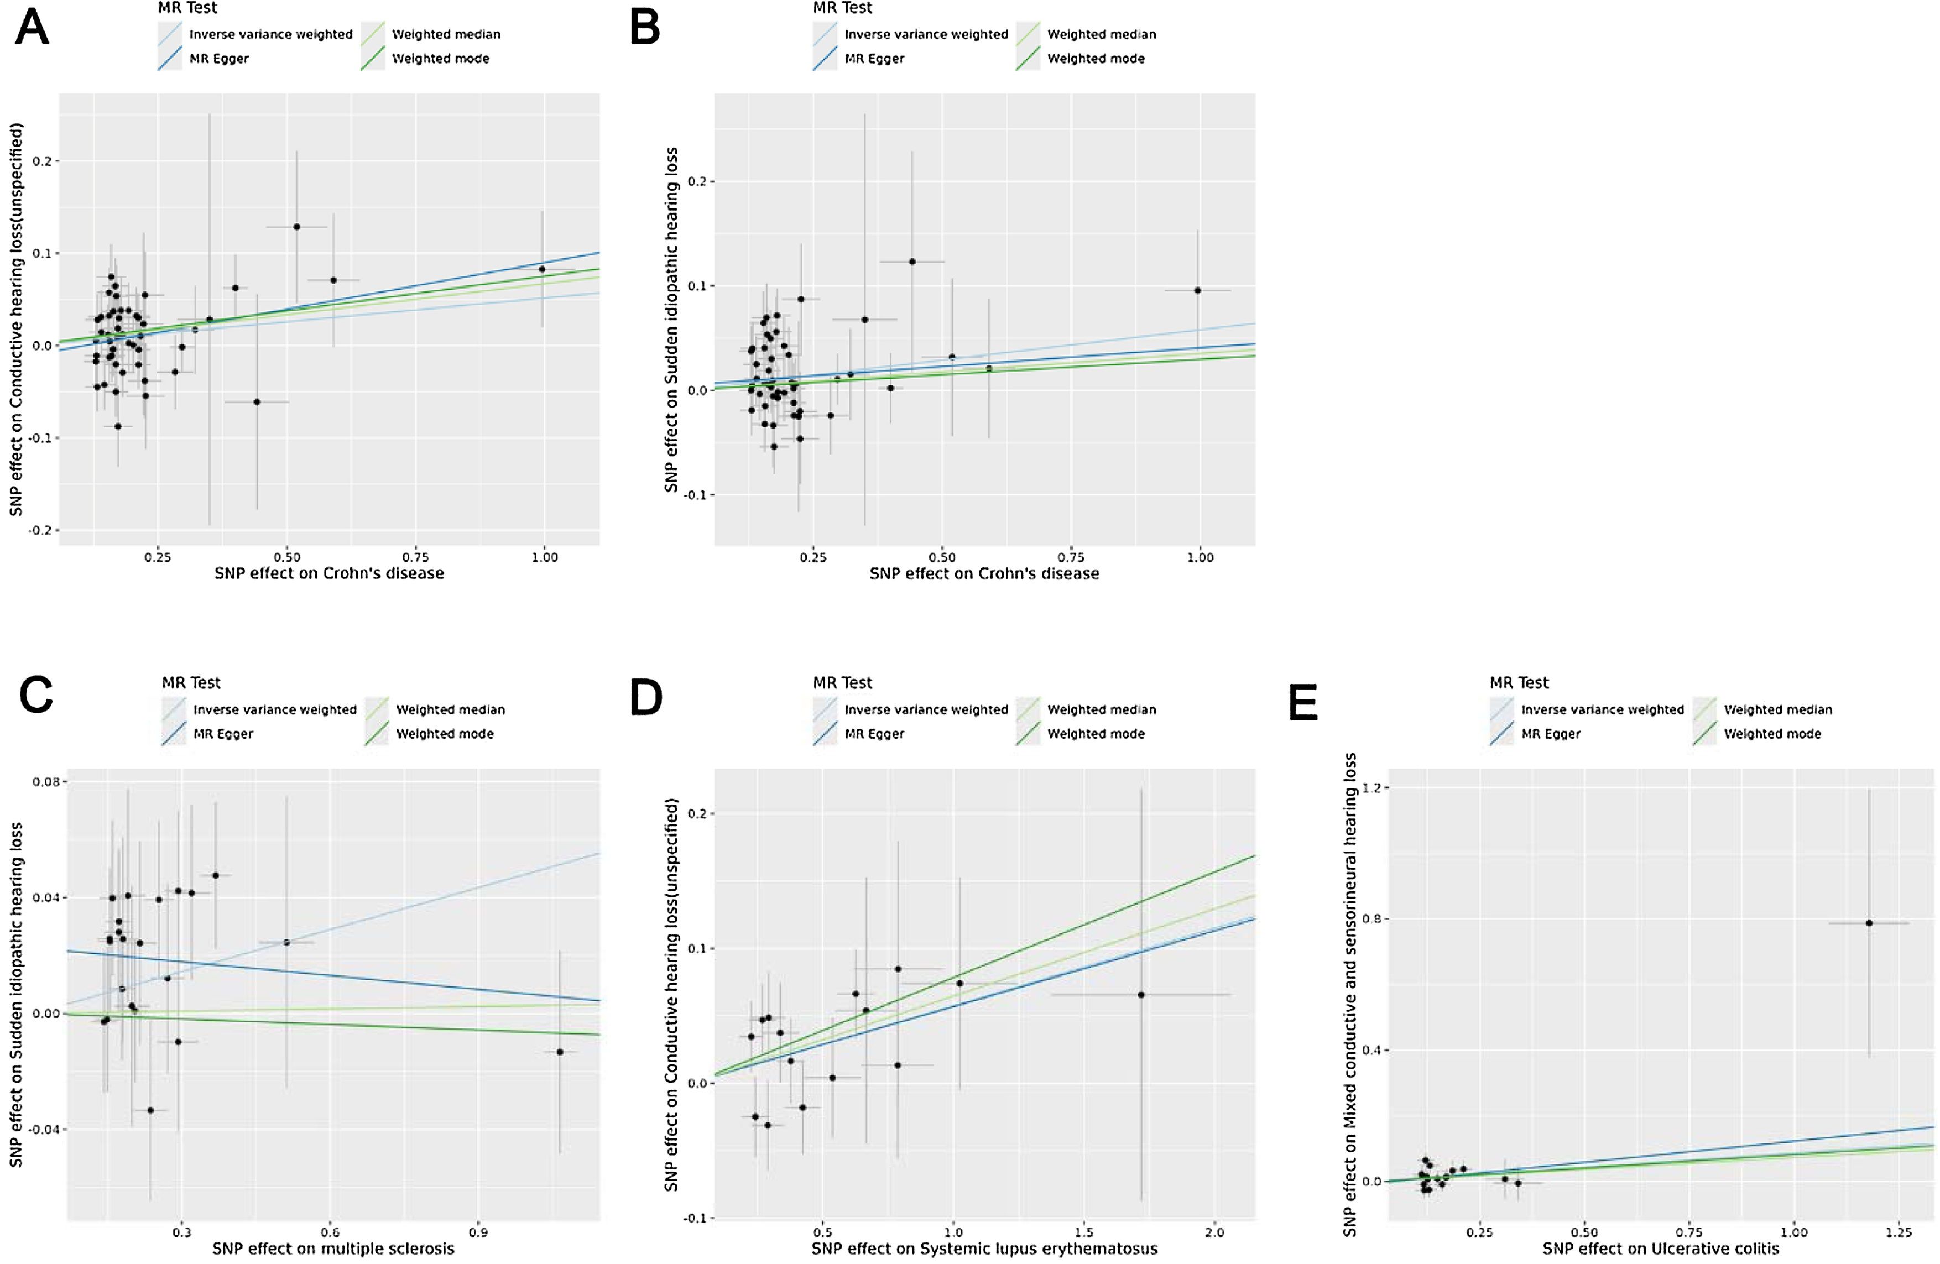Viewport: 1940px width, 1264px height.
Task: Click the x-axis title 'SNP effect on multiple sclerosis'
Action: click(333, 1249)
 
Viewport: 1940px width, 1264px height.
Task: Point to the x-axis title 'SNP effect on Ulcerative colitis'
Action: click(1660, 1249)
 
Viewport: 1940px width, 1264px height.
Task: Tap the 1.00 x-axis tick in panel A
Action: click(545, 557)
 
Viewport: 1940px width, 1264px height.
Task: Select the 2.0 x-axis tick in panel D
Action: click(1214, 1233)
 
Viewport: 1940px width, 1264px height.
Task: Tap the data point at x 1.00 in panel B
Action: click(1197, 290)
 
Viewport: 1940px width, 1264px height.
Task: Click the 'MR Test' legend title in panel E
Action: click(1519, 683)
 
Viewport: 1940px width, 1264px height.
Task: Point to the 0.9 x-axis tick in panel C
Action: click(478, 1233)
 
